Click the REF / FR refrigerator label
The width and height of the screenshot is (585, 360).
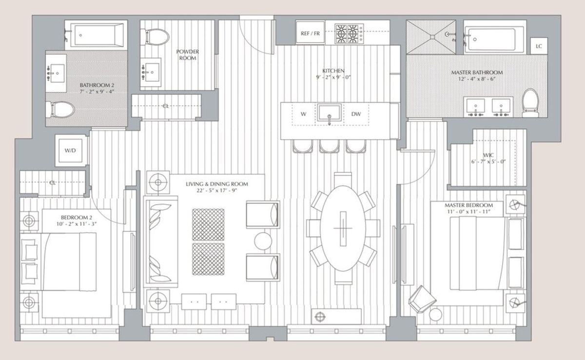310,34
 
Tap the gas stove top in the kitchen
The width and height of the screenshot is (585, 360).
349,34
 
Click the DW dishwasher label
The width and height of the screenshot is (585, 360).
356,114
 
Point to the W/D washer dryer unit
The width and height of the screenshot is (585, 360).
70,151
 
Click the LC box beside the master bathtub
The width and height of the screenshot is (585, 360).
539,46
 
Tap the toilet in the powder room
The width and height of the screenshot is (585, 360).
155,37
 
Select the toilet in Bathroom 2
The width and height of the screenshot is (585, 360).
60,110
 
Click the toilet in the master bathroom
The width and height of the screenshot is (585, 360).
530,103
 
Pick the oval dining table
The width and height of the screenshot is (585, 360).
343,228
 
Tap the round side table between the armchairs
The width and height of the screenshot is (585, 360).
263,241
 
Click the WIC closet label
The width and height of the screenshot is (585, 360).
488,155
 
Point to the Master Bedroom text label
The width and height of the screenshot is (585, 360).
469,205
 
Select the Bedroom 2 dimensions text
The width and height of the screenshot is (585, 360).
77,224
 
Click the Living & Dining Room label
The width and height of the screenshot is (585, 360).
217,184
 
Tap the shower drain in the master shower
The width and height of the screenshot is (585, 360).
431,37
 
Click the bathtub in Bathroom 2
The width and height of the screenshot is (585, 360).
97,35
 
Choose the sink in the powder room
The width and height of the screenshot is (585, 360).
151,72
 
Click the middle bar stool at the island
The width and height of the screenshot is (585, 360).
330,146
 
